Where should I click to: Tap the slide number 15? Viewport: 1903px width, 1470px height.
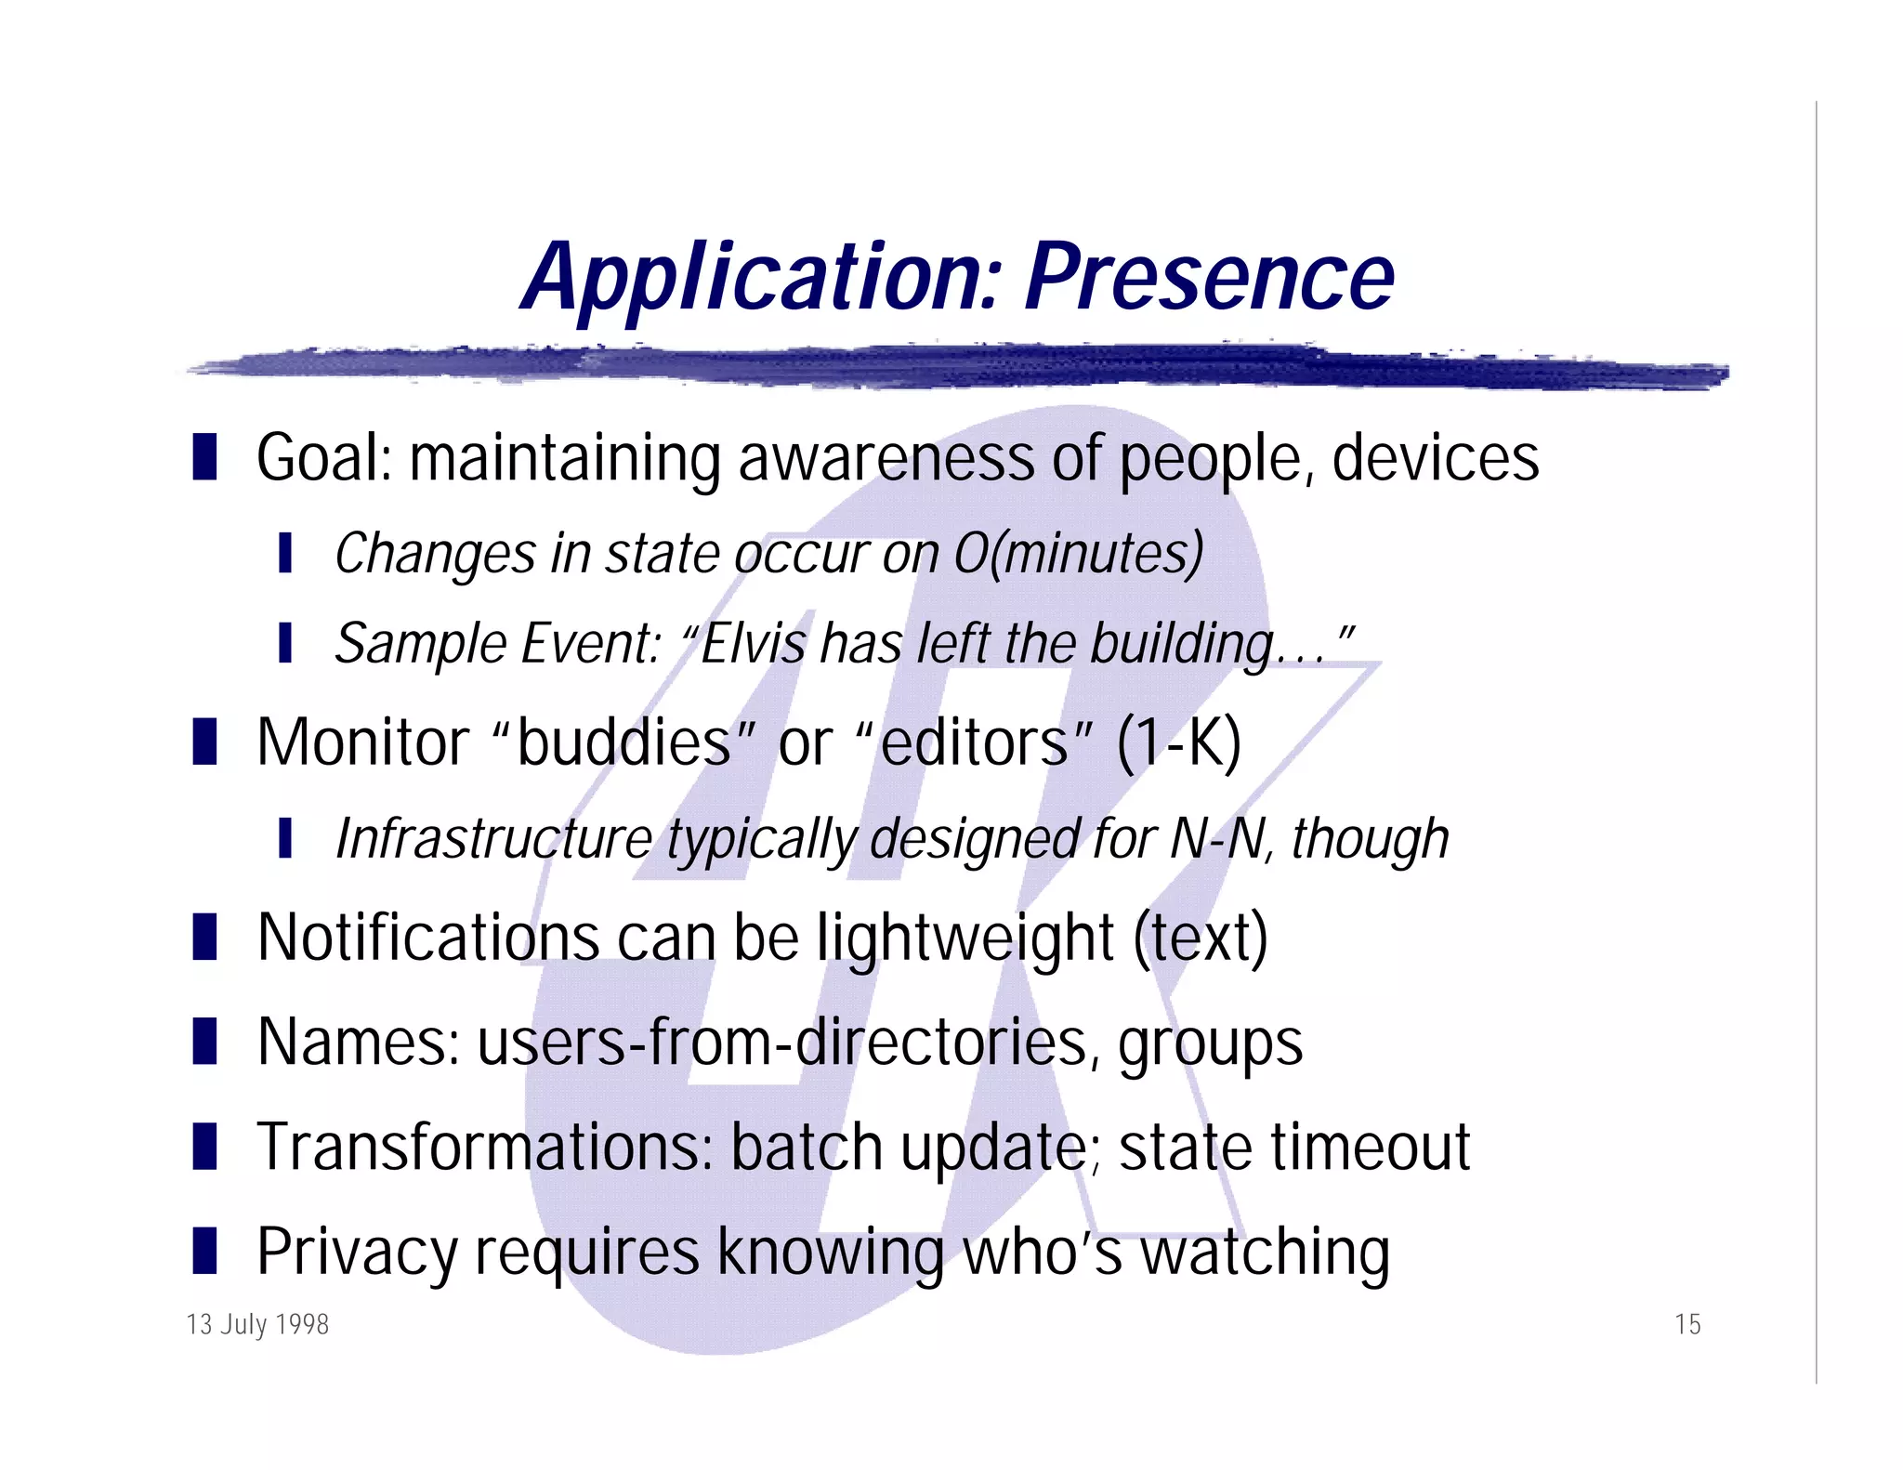coord(1687,1324)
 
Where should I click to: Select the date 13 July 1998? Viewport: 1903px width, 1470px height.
coord(257,1324)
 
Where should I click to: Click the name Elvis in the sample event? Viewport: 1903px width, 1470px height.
coord(753,643)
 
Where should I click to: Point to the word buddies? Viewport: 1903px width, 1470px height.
coord(623,743)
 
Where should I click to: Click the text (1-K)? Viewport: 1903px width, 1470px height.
coord(1178,743)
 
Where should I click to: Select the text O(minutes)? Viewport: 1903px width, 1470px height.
coord(1079,554)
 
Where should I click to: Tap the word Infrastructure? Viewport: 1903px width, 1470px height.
coord(493,839)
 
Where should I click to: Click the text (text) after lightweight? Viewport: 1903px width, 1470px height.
coord(1201,938)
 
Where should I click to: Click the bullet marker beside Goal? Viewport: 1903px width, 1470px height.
coord(204,457)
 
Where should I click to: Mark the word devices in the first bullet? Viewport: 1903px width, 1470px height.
coord(1435,458)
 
